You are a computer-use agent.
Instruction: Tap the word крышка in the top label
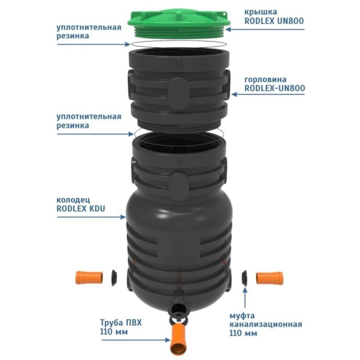point(261,12)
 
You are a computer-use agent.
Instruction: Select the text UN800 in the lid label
point(290,21)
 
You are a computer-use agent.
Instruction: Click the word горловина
point(265,80)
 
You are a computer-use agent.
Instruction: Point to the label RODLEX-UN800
point(274,88)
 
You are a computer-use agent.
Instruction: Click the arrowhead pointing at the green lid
point(228,29)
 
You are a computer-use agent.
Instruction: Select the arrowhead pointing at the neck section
point(234,94)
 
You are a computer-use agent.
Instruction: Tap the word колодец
point(73,200)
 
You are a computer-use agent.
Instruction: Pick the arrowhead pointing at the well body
point(123,216)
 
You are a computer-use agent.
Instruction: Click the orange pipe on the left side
point(89,278)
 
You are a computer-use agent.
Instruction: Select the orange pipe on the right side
point(270,278)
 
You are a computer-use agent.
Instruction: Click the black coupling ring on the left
point(114,278)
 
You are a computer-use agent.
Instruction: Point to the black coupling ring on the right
point(245,278)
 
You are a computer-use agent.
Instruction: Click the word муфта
point(242,316)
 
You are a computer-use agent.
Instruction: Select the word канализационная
point(266,324)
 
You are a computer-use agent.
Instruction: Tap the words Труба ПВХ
point(121,323)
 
